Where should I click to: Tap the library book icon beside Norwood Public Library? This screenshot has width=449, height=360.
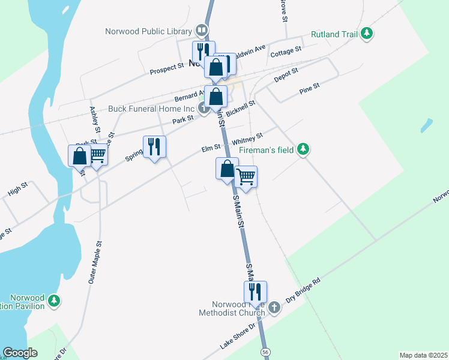202,31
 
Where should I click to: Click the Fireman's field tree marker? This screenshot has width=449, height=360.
304,149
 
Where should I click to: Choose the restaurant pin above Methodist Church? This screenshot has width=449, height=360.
255,292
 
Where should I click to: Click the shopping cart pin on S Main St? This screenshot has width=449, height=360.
246,177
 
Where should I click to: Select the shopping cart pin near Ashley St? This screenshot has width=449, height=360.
97,155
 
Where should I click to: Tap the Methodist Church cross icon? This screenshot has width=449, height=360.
274,308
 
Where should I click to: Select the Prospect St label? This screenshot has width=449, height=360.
167,70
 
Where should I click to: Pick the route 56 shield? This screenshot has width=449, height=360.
265,351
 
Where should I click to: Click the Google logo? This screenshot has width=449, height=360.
20,353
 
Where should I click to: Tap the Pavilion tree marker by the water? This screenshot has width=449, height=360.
54,301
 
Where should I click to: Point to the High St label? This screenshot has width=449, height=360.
18,192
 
